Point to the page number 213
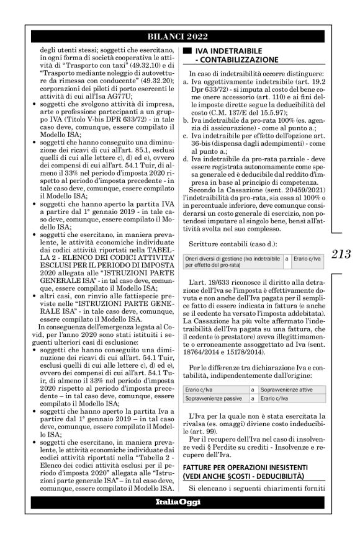(342, 254)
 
